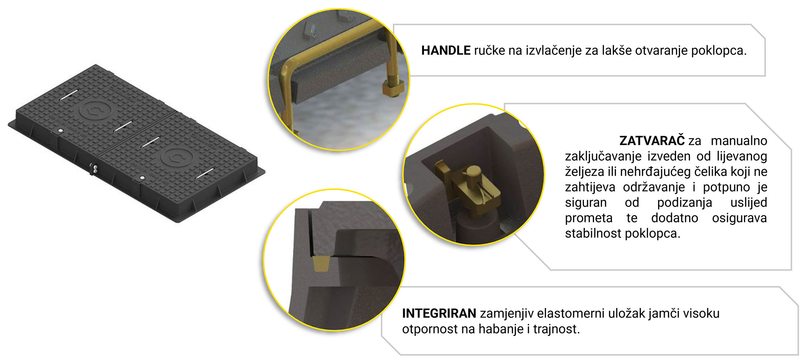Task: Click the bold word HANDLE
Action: click(446, 51)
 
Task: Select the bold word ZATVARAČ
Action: click(652, 141)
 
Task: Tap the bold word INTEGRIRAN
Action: click(439, 314)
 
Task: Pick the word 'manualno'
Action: click(739, 141)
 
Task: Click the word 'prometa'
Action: click(588, 218)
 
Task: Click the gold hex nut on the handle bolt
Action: click(392, 88)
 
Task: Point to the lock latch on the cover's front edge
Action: click(94, 168)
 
